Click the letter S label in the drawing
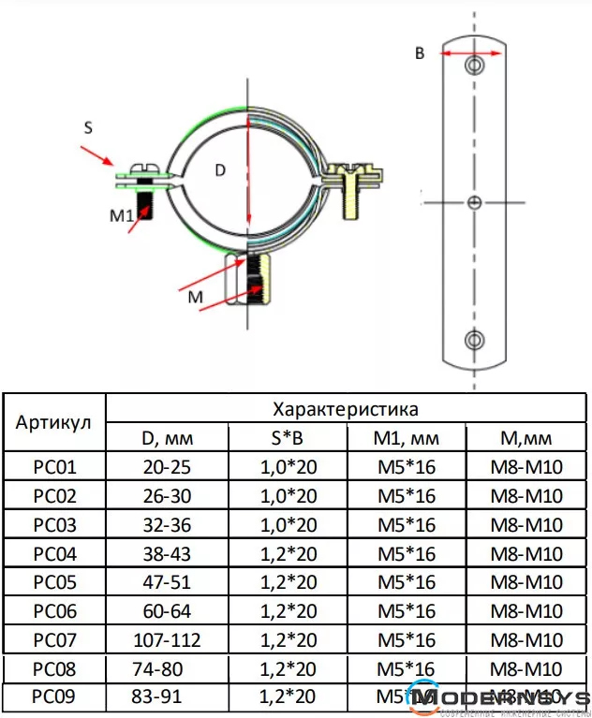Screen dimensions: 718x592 (x=88, y=129)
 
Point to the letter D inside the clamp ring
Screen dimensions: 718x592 (x=221, y=170)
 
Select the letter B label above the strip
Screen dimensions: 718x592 (x=420, y=53)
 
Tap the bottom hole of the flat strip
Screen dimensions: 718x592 (x=475, y=339)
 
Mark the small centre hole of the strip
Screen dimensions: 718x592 (x=475, y=202)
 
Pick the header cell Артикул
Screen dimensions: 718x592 (x=53, y=421)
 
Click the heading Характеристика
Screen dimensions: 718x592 (x=345, y=409)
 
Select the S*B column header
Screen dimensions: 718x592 (x=287, y=437)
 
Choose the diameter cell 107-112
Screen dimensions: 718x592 (x=166, y=640)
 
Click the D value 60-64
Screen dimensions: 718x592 (x=166, y=611)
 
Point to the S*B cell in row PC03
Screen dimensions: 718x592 (x=287, y=525)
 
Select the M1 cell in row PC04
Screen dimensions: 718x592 (x=407, y=554)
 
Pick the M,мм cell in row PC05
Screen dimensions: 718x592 (x=526, y=582)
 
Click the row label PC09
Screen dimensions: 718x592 (x=53, y=697)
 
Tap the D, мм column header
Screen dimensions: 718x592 (x=166, y=437)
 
